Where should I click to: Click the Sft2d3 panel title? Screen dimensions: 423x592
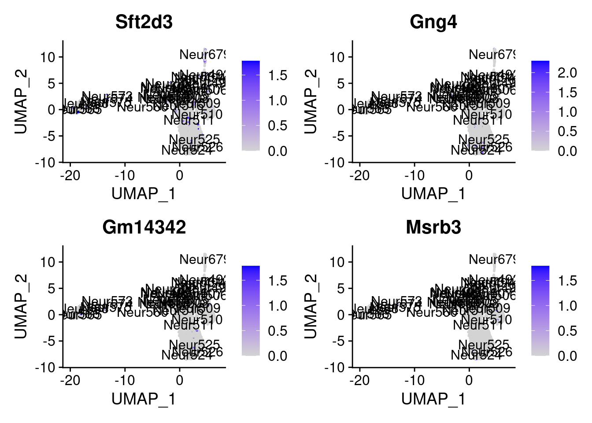(x=144, y=22)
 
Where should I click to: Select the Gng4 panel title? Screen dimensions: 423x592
(x=433, y=22)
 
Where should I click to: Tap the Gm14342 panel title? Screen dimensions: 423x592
(x=144, y=227)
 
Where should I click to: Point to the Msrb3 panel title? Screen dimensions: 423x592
(x=433, y=227)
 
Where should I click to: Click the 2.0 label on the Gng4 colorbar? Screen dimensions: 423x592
(x=567, y=73)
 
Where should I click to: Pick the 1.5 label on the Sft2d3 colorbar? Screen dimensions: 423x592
(x=278, y=75)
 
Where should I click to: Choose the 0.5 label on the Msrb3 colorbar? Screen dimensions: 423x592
(x=567, y=331)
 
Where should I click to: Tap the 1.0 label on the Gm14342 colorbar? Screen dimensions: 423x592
(x=278, y=306)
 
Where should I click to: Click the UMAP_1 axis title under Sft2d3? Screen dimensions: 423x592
(x=144, y=194)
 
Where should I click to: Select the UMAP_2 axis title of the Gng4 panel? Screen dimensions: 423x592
(x=311, y=101)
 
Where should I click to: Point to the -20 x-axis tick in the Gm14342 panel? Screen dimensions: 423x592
(x=70, y=380)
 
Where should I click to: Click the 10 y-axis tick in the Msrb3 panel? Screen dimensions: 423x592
(x=338, y=262)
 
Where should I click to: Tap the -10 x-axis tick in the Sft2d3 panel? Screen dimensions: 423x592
(x=125, y=175)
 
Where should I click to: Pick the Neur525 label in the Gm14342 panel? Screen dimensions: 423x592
(x=194, y=344)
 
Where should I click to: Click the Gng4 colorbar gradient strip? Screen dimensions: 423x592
(x=540, y=106)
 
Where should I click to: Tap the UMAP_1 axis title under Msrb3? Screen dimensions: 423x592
(x=433, y=399)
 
